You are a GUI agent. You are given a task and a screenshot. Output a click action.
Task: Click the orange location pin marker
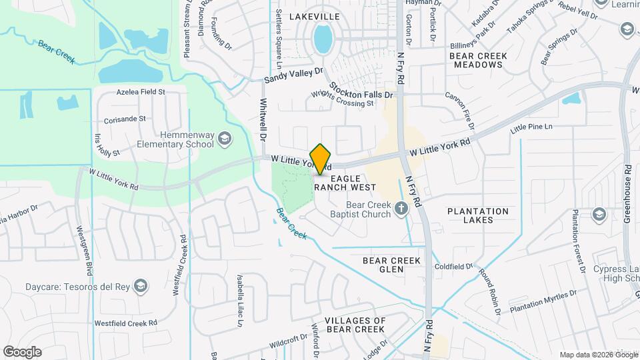(321, 159)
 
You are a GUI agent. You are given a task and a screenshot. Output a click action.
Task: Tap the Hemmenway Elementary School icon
(225, 138)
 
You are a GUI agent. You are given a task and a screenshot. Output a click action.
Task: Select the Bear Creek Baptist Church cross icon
(401, 209)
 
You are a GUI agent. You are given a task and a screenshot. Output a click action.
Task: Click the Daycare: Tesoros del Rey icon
(140, 287)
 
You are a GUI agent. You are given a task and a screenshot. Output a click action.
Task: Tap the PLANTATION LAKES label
(478, 215)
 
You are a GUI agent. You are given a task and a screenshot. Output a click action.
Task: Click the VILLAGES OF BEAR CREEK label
(355, 325)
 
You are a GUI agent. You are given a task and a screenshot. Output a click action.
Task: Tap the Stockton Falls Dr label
(360, 89)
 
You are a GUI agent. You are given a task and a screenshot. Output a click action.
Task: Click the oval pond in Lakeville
(323, 39)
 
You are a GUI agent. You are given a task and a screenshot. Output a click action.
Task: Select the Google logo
(22, 351)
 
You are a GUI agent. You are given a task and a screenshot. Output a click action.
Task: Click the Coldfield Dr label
(453, 266)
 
